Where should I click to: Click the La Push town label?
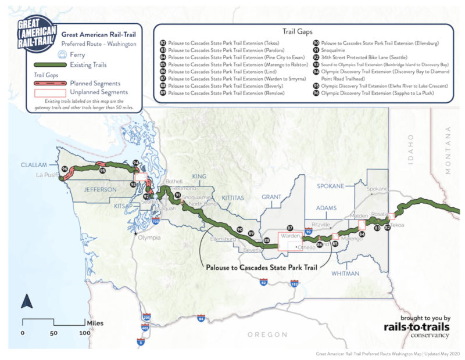click(46, 174)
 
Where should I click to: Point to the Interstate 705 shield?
click(155, 221)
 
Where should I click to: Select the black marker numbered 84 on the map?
click(362, 234)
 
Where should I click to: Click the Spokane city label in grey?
click(377, 189)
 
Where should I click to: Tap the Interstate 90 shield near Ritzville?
click(309, 231)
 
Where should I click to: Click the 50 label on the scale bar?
click(54, 333)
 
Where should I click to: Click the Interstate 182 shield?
click(295, 283)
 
